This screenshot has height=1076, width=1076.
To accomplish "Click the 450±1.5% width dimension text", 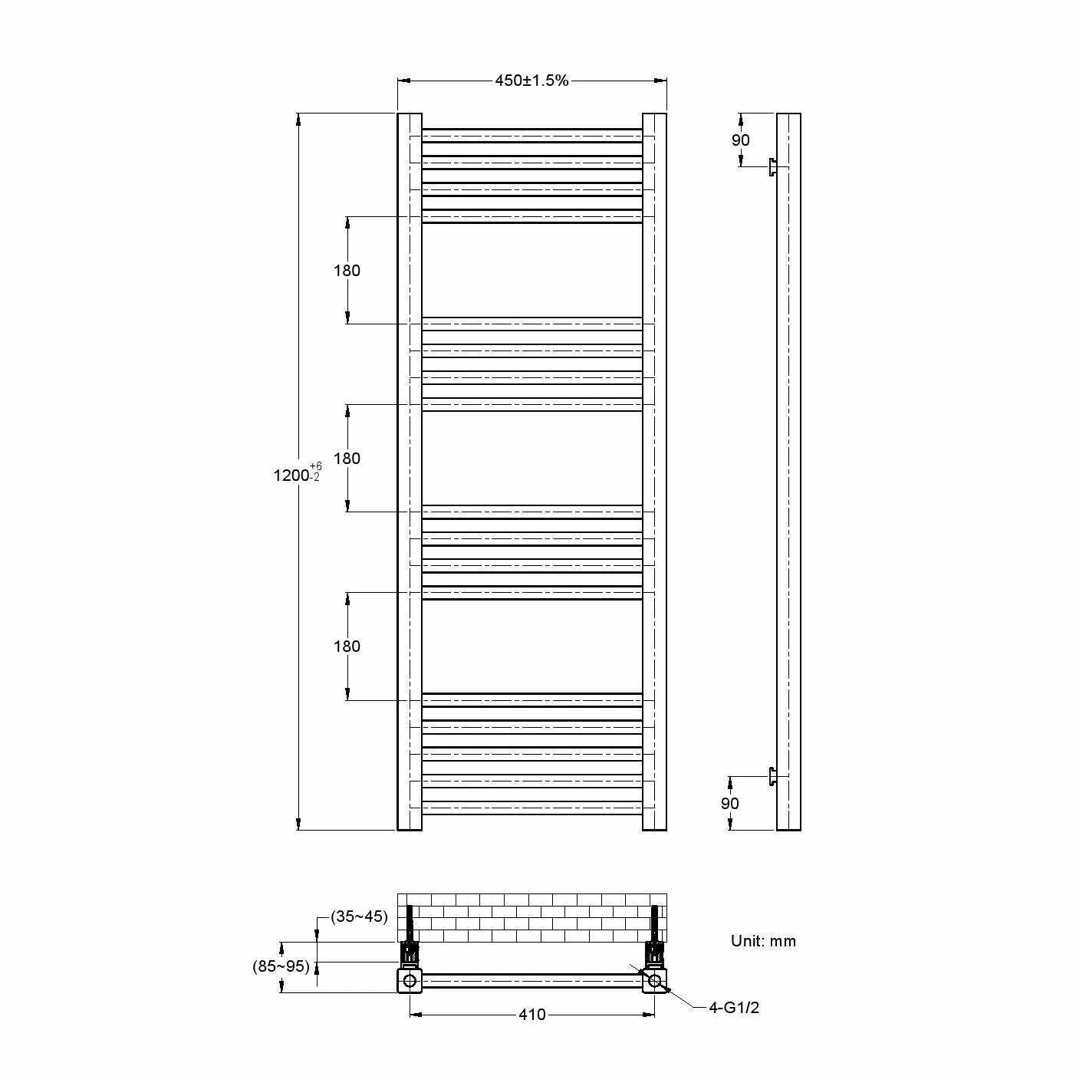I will [531, 81].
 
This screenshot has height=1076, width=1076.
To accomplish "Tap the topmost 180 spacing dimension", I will [347, 270].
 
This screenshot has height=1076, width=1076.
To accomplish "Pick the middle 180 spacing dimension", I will [347, 458].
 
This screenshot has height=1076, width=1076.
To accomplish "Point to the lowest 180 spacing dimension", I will [347, 646].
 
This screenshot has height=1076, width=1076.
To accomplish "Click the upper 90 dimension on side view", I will [740, 140].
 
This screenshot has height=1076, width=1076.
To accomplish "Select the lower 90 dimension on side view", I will [729, 803].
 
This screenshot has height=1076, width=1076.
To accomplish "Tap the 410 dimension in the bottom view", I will [531, 1015].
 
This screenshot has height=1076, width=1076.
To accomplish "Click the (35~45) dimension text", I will [359, 916].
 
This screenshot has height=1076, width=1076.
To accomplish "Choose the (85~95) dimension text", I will [281, 966].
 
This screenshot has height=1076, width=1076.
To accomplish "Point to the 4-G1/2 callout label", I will [734, 1008].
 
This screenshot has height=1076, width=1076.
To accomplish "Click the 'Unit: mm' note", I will [763, 941].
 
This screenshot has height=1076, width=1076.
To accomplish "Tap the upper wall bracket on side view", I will [773, 167].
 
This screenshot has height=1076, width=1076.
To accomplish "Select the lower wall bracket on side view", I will [773, 776].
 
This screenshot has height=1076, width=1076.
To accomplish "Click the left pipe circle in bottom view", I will [410, 980].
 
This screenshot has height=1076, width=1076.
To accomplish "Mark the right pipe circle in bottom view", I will [655, 980].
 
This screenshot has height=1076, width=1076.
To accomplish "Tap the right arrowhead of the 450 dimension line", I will [660, 81].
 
